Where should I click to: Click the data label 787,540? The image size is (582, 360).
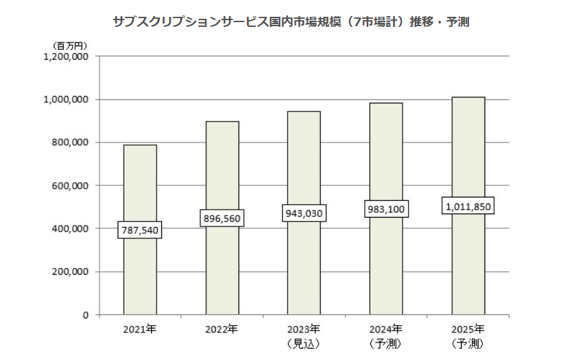point(140,230)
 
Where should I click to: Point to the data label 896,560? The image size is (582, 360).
point(222,218)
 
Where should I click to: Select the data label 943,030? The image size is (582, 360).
point(304,214)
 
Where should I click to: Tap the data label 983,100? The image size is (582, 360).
point(386,209)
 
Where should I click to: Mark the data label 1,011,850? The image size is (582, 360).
point(468,206)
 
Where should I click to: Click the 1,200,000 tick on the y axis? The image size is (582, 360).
point(66,56)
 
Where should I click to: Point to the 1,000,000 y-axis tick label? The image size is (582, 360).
point(66,99)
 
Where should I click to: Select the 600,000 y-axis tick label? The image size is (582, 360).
point(71,185)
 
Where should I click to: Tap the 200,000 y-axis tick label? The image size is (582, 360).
point(71,271)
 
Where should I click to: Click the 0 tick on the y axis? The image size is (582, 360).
point(85,314)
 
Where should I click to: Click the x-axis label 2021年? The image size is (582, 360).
point(140,330)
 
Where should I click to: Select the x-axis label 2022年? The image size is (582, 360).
point(222,330)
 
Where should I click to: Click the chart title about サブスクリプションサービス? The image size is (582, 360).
point(291,21)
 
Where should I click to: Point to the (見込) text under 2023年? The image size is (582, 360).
point(304,344)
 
